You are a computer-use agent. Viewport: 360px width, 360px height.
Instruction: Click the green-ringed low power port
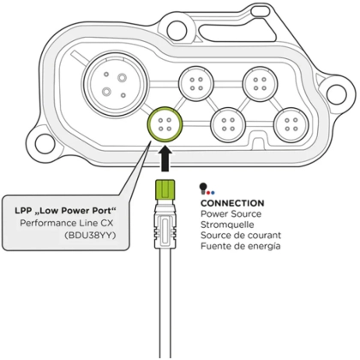click(x=165, y=125)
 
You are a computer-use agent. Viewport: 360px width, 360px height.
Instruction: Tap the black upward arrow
click(x=165, y=159)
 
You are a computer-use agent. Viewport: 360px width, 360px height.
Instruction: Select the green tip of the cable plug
click(x=165, y=189)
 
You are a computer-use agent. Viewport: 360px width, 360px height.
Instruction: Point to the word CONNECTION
click(x=232, y=203)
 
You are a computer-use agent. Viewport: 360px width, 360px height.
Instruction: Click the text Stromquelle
click(x=227, y=225)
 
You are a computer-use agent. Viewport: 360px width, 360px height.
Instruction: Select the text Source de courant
click(x=241, y=235)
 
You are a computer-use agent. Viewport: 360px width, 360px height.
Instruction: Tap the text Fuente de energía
click(x=240, y=246)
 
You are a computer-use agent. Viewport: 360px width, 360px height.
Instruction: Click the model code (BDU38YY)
click(x=90, y=236)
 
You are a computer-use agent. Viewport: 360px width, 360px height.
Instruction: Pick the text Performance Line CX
click(x=67, y=223)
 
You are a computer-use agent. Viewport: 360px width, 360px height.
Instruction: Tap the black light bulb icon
click(x=202, y=188)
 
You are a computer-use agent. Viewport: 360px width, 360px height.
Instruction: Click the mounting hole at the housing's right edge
click(x=336, y=93)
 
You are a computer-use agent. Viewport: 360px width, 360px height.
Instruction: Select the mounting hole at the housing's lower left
click(x=45, y=141)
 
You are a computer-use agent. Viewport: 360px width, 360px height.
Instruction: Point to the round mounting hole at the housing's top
click(x=176, y=28)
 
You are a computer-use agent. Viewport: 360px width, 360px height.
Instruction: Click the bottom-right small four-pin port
click(x=291, y=124)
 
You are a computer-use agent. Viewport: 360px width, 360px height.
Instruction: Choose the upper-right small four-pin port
click(x=260, y=83)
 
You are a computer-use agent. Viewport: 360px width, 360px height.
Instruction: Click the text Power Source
click(x=231, y=213)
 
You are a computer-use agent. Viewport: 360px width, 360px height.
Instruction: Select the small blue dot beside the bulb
click(x=213, y=193)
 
